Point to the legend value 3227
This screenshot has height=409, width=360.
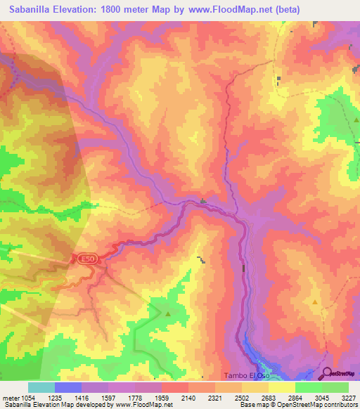coord(348,397)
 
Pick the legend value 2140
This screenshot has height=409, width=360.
coord(188,397)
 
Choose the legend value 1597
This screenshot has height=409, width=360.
coord(108,397)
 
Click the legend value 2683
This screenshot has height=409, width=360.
coord(268,397)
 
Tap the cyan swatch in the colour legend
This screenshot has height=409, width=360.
coord(41,387)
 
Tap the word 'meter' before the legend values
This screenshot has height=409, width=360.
coord(10,397)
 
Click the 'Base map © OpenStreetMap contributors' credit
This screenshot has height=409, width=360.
coord(297,405)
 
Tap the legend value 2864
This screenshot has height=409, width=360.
coord(295,397)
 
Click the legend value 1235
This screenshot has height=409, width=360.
coord(55,397)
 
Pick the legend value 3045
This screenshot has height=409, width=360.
coord(321,397)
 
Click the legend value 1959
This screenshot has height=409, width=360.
coord(162,397)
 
